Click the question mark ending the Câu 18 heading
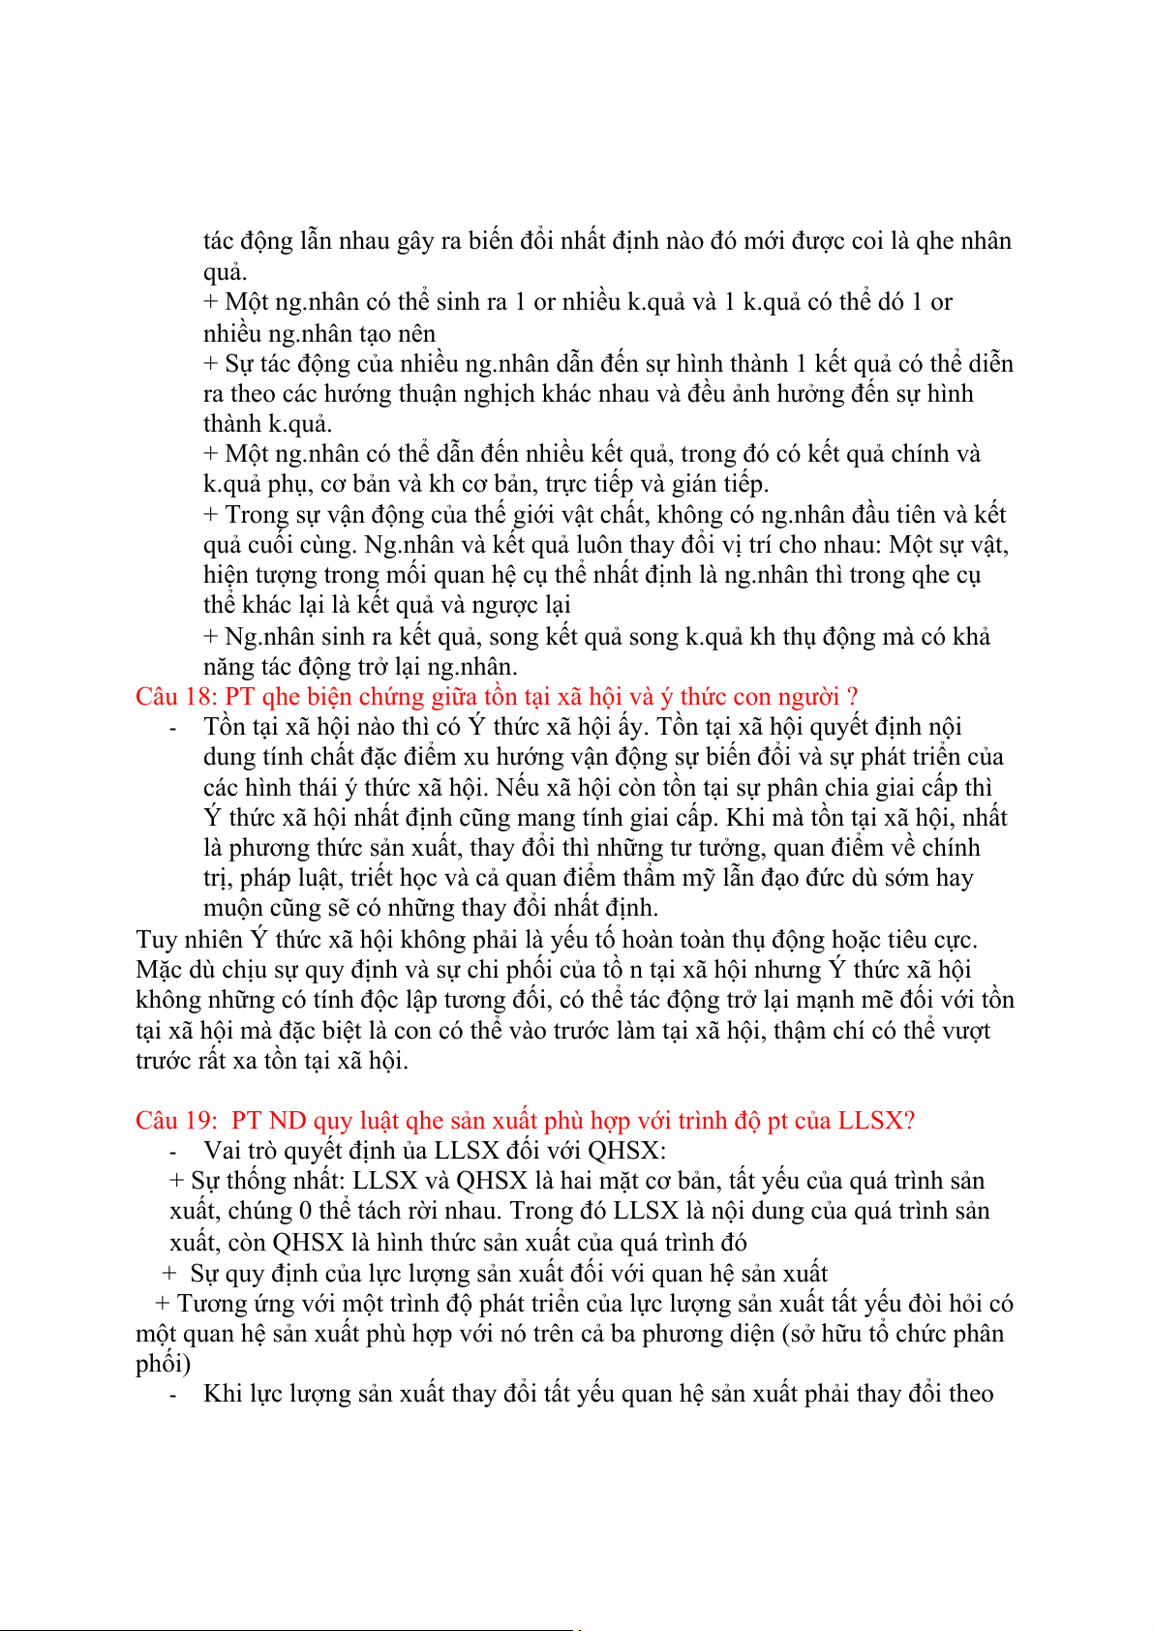click(x=852, y=697)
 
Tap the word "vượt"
click(x=965, y=1031)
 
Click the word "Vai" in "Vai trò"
click(x=223, y=1151)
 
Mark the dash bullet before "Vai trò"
click(x=173, y=1152)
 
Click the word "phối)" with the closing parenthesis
click(x=163, y=1364)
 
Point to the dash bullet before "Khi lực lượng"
click(x=173, y=1395)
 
